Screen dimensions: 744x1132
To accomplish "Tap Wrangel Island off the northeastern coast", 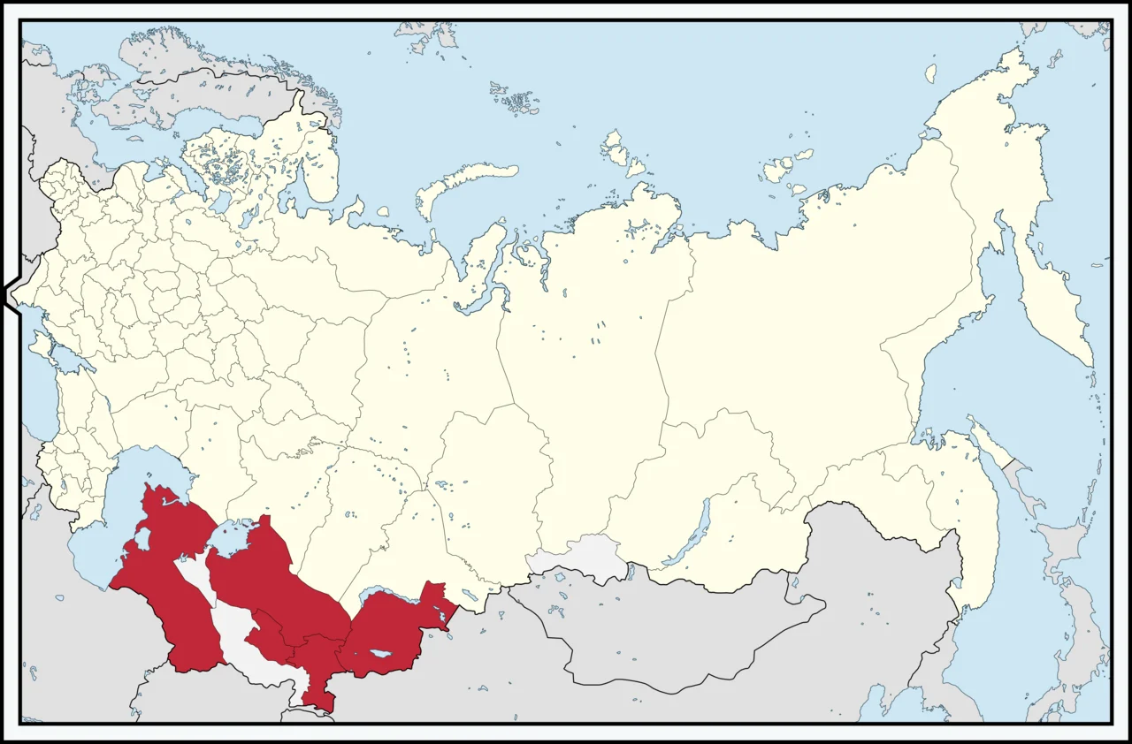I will click(930, 72).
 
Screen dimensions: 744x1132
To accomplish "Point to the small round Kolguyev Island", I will click(382, 212).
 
